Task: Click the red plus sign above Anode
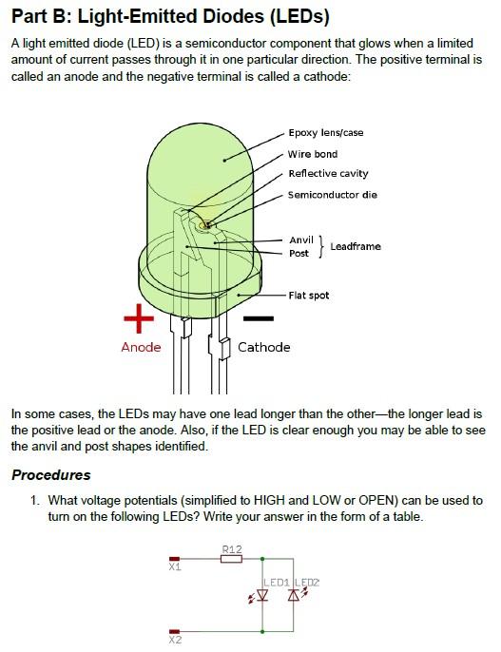tap(140, 318)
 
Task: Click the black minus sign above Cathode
tap(258, 319)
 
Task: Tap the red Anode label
tap(141, 347)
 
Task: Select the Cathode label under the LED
tap(263, 347)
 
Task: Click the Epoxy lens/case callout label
tap(326, 133)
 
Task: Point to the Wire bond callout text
tap(313, 154)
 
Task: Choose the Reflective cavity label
tap(328, 174)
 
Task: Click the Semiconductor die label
tap(333, 195)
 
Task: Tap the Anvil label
tap(300, 240)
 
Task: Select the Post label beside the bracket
tap(299, 254)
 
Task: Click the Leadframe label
tap(356, 247)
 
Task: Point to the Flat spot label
tap(309, 296)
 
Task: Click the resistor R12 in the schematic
tap(231, 558)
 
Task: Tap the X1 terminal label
tap(175, 567)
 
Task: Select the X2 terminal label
tap(175, 641)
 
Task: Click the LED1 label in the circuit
tap(276, 582)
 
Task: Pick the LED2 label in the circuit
tap(307, 582)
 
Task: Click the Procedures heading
tap(51, 475)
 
